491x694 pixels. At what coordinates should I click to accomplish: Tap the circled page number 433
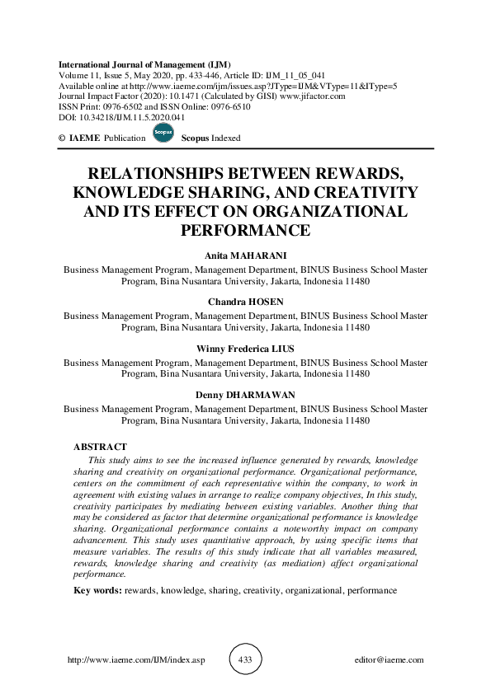(244, 659)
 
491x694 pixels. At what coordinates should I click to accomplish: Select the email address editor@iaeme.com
(387, 660)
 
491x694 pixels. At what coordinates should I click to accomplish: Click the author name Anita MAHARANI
(245, 256)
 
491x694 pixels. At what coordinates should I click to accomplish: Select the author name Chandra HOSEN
(245, 302)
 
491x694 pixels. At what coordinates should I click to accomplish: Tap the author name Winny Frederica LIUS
(245, 348)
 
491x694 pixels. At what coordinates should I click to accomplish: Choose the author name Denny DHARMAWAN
(245, 394)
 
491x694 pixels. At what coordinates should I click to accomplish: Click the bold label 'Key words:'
(97, 590)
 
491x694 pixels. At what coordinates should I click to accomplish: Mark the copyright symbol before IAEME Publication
(62, 138)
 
